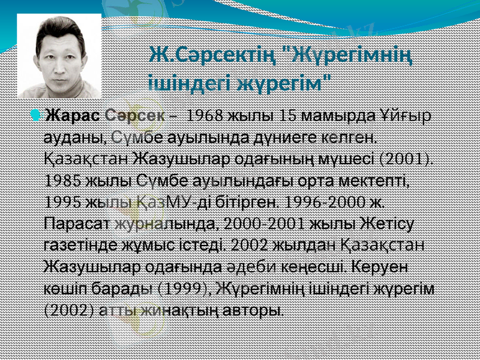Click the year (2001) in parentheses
[407, 158]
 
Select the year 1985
[62, 180]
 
